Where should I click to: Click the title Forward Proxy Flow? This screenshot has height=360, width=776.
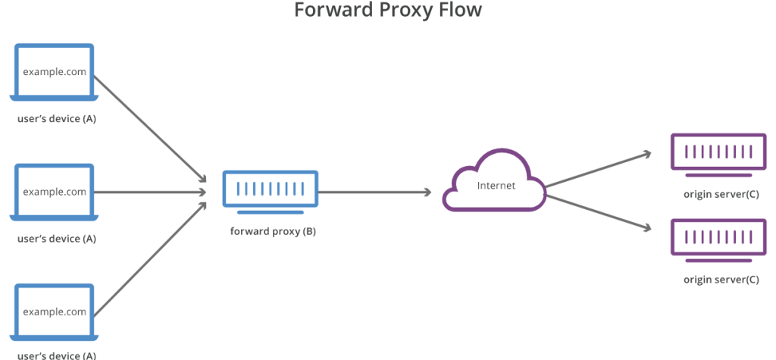point(387,11)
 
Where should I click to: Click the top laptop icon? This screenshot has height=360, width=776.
point(55,73)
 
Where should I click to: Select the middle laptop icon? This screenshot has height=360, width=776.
point(55,193)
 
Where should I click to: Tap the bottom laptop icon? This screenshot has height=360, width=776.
point(55,312)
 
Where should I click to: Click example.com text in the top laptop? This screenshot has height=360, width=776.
point(55,73)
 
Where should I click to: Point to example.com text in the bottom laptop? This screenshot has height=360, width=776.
point(55,312)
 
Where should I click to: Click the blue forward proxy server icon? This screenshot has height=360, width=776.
point(271,189)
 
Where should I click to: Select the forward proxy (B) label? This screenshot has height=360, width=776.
point(273,231)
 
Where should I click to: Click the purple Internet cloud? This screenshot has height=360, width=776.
point(495,182)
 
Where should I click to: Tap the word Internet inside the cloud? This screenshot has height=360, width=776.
point(496,186)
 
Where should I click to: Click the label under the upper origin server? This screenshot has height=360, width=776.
point(721,194)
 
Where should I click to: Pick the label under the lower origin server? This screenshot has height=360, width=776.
point(721,280)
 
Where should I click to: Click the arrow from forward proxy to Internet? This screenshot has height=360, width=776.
point(375,193)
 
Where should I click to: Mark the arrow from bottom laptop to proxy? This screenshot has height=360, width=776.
point(152,258)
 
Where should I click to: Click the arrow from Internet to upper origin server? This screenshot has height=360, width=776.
point(599,169)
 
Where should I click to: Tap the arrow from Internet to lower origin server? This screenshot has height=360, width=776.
point(599,212)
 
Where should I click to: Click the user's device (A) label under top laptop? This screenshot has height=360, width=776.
point(57,119)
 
